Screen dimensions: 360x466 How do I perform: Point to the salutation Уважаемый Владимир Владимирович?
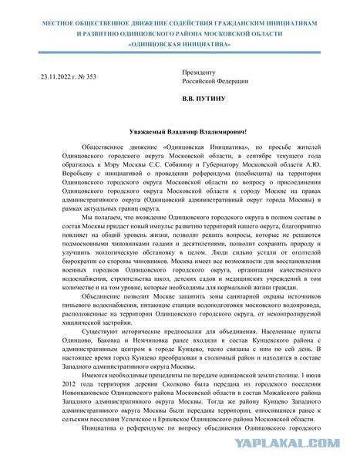pyautogui.click(x=181, y=133)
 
